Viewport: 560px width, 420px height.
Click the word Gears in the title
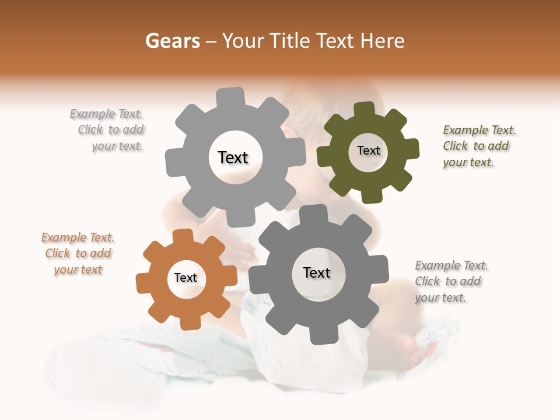172,41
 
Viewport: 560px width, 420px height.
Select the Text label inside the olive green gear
368,150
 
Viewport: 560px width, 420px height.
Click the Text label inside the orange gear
185,278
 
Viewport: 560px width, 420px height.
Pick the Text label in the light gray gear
233,157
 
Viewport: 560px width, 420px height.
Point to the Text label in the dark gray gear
317,273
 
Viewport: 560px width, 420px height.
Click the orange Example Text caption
78,254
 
